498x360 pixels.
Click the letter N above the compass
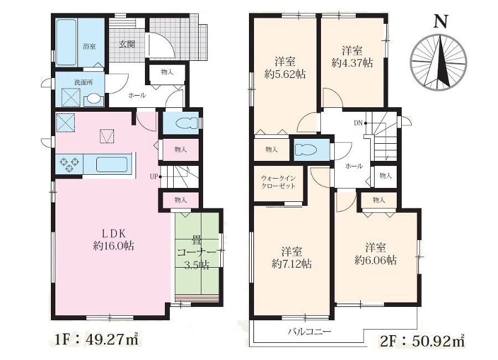(x=440, y=22)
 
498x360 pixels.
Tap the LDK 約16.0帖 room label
(x=113, y=239)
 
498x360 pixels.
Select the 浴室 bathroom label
(x=89, y=46)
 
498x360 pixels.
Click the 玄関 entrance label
(x=127, y=44)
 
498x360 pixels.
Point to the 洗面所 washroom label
(x=84, y=82)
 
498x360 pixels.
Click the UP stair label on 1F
(x=154, y=176)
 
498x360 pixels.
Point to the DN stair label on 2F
(x=358, y=123)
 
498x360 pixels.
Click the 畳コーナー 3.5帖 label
(x=196, y=252)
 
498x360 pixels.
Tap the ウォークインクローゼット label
(x=278, y=182)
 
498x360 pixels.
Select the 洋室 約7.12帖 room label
(x=292, y=258)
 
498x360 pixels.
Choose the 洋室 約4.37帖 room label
(x=352, y=56)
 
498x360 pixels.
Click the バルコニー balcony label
(x=310, y=332)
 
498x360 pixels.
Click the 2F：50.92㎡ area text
(x=422, y=341)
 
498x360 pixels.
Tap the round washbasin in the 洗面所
(x=94, y=100)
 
